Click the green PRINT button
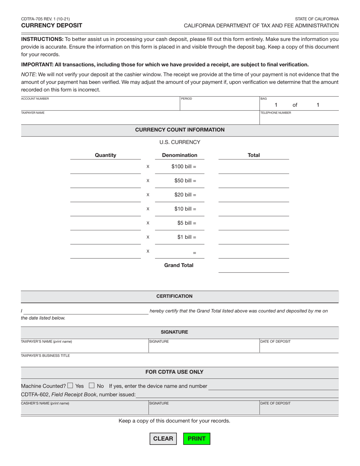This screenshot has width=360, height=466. point(197,438)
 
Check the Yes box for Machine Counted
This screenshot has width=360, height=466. point(70,386)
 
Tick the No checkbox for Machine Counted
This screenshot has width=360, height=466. point(91,386)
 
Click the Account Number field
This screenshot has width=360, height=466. point(100,105)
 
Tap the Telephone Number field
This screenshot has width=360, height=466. point(299,119)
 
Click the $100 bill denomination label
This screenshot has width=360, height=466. point(183,166)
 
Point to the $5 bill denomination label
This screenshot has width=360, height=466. point(186,223)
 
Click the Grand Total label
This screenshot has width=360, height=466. point(178,265)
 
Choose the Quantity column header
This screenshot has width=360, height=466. point(105,155)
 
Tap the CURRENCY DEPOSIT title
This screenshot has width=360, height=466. point(52,25)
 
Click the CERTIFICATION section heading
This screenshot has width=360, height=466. point(174,296)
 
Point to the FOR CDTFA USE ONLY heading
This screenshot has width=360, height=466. point(174,372)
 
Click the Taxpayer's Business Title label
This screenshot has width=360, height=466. point(45,356)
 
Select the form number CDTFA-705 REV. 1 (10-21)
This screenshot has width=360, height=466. point(45,19)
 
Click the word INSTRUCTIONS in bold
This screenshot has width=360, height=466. point(42,39)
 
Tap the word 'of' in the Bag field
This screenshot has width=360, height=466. point(295,105)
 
